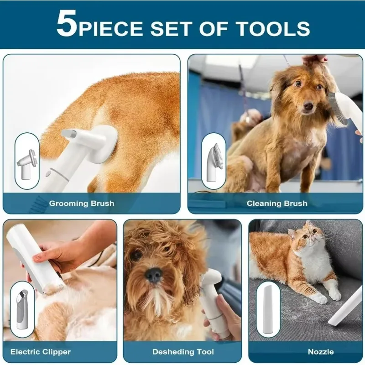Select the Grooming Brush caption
coord(82,203)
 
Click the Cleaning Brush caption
coord(277,203)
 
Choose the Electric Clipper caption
coord(41,352)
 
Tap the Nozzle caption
coord(320,352)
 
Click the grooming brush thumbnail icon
coord(27,161)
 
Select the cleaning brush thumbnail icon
coord(214,161)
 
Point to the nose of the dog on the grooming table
coord(308,106)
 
